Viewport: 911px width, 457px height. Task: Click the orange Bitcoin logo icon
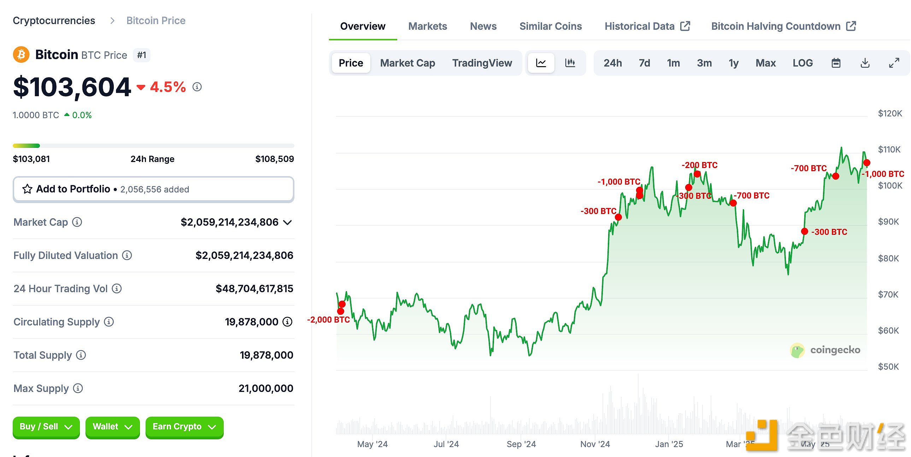pos(21,55)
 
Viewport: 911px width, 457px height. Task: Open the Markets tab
pos(428,26)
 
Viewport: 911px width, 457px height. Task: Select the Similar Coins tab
pos(550,26)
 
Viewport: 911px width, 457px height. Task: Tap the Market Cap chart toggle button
pos(407,63)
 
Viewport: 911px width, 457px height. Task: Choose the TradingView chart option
pos(482,63)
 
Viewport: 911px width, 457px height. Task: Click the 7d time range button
pos(644,63)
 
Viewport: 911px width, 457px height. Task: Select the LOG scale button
pos(803,63)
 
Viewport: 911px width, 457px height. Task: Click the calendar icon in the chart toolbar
pos(836,63)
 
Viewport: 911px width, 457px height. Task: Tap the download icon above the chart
pos(865,63)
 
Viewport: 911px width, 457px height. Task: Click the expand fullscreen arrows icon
pos(894,63)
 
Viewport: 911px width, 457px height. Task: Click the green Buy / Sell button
pos(46,427)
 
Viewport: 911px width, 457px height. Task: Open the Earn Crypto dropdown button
pos(184,427)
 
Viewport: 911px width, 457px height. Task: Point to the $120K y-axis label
pos(890,114)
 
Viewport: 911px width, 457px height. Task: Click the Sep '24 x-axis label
pos(521,444)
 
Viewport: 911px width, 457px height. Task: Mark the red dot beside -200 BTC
pos(697,174)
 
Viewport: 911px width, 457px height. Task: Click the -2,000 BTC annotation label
pos(328,320)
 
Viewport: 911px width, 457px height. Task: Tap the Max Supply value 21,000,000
pos(266,389)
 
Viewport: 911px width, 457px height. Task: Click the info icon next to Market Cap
pos(77,222)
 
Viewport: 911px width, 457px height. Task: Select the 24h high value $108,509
pos(275,159)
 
